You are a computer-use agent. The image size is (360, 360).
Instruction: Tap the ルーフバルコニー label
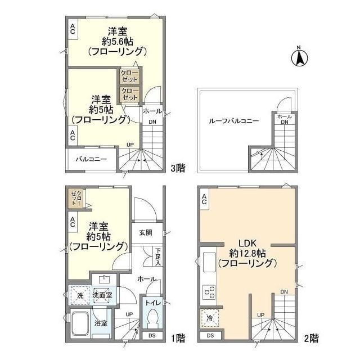point(233,121)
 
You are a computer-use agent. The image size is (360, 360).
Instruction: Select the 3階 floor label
point(178,166)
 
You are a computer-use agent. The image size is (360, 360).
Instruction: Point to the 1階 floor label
point(178,338)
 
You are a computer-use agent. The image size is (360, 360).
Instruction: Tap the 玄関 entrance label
point(146,232)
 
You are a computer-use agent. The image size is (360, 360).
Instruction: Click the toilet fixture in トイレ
point(151,319)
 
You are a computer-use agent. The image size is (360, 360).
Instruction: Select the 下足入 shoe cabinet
point(159,256)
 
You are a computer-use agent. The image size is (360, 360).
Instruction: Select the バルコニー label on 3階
point(91,159)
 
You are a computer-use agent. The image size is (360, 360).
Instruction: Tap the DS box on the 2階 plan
point(210,336)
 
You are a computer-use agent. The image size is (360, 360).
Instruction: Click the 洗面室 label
point(102,295)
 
